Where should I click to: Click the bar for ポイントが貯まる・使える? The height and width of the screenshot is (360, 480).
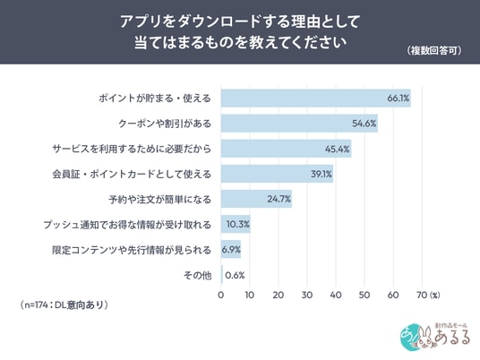tap(315, 99)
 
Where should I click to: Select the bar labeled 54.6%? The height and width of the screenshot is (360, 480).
tap(299, 124)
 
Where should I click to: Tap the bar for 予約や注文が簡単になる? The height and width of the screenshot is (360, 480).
tap(256, 199)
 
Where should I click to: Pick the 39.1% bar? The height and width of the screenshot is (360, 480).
tap(277, 174)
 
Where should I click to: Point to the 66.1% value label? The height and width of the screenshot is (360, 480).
tap(398, 99)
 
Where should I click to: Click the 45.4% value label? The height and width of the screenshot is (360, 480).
tap(337, 149)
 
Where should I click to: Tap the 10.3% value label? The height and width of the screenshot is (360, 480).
tap(238, 225)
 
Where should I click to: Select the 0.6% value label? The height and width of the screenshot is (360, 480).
tap(235, 276)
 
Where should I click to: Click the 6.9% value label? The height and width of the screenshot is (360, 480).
tap(231, 250)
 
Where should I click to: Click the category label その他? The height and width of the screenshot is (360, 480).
tap(197, 276)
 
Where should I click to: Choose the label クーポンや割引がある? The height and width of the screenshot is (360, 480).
tap(165, 124)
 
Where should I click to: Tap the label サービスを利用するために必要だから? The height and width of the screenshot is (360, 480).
tap(132, 149)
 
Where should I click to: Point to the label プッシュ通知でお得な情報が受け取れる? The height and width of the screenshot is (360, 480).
tap(127, 225)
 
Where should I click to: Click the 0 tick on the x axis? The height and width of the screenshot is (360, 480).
tap(220, 295)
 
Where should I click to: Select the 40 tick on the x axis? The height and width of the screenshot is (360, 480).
tap(336, 295)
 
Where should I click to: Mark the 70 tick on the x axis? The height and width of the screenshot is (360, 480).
tap(422, 295)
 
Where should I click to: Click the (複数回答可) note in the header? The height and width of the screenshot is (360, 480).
tap(434, 50)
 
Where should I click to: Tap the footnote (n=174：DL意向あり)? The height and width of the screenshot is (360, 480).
tap(64, 304)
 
